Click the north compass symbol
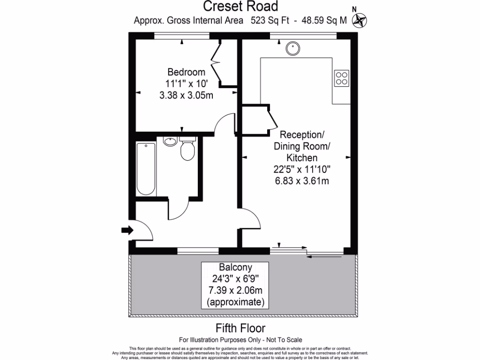tap(360, 19)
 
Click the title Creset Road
tap(240, 7)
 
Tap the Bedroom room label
tap(186, 72)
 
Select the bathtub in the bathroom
tap(146, 169)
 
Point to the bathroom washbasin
tap(169, 141)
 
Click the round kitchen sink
tap(293, 48)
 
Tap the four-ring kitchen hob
tap(341, 78)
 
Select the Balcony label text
tap(235, 268)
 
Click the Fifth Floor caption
tap(240, 328)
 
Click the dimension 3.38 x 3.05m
tap(186, 95)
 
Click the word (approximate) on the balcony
tap(235, 302)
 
